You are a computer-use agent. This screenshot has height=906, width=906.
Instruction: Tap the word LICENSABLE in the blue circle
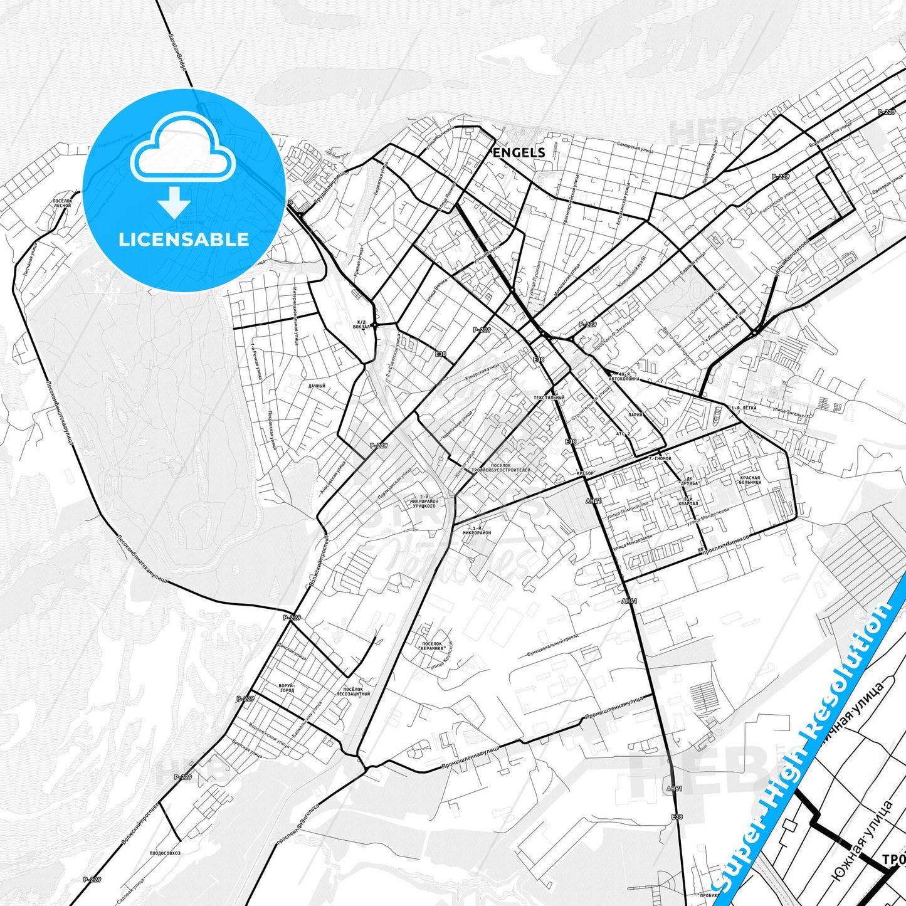184,240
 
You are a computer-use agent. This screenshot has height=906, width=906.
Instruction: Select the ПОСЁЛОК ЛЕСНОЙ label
63,203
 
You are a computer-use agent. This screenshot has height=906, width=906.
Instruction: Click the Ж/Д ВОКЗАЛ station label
361,325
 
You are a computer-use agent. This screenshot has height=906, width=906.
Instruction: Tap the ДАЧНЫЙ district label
317,386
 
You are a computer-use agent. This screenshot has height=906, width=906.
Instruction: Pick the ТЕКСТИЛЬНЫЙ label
549,398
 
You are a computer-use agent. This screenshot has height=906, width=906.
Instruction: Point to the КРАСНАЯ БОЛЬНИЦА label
750,480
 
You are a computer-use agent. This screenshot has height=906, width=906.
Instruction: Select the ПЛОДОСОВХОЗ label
165,853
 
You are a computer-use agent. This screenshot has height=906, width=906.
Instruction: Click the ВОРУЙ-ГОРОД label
285,688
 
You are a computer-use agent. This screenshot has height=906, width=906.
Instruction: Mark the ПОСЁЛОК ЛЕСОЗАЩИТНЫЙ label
353,691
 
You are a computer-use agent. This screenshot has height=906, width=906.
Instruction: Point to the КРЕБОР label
584,473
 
